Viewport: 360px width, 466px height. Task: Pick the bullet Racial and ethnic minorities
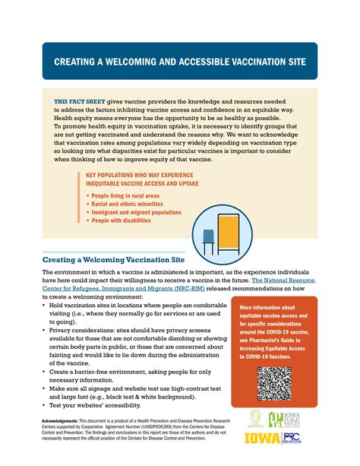click(125, 204)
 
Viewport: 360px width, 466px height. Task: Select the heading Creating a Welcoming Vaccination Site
click(113, 259)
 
